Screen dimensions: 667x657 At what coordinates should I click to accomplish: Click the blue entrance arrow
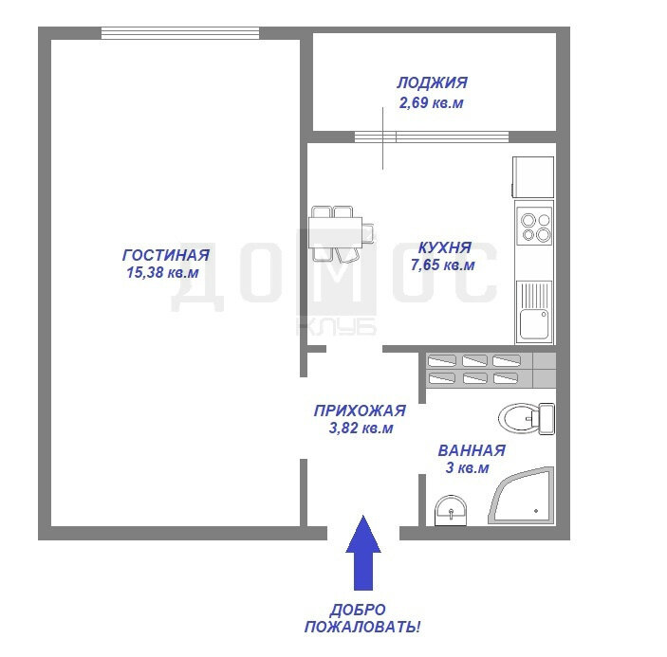point(362,553)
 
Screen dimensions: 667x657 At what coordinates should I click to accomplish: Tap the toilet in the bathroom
point(527,419)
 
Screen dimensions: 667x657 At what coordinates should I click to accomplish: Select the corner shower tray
point(522,496)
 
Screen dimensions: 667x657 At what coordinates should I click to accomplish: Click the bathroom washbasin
point(451,510)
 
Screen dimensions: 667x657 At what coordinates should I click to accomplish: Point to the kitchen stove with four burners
point(534,226)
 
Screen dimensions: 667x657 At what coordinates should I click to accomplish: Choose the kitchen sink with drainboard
point(534,311)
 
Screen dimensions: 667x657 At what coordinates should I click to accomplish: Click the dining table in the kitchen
point(336,232)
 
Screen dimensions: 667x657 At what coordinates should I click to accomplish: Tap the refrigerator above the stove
point(533,176)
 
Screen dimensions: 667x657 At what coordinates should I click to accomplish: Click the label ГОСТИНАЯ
point(166,255)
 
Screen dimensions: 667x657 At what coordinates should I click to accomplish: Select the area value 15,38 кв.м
point(162,272)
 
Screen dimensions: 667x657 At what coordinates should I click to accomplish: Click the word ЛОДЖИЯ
point(433,82)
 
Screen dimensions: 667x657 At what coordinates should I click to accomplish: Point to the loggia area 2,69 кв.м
point(431,102)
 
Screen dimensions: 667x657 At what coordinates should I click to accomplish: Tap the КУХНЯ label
point(445,247)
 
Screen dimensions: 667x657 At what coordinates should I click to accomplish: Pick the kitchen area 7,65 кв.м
point(442,265)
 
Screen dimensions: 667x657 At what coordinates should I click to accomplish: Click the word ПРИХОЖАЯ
point(360,411)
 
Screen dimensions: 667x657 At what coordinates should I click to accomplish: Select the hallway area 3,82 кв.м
point(361,428)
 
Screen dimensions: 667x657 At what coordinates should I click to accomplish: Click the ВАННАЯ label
point(472,450)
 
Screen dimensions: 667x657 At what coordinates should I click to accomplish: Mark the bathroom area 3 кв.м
point(467,468)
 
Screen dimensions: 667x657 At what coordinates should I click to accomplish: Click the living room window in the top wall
point(180,33)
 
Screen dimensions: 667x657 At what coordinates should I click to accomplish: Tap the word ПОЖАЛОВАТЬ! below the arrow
point(362,627)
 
